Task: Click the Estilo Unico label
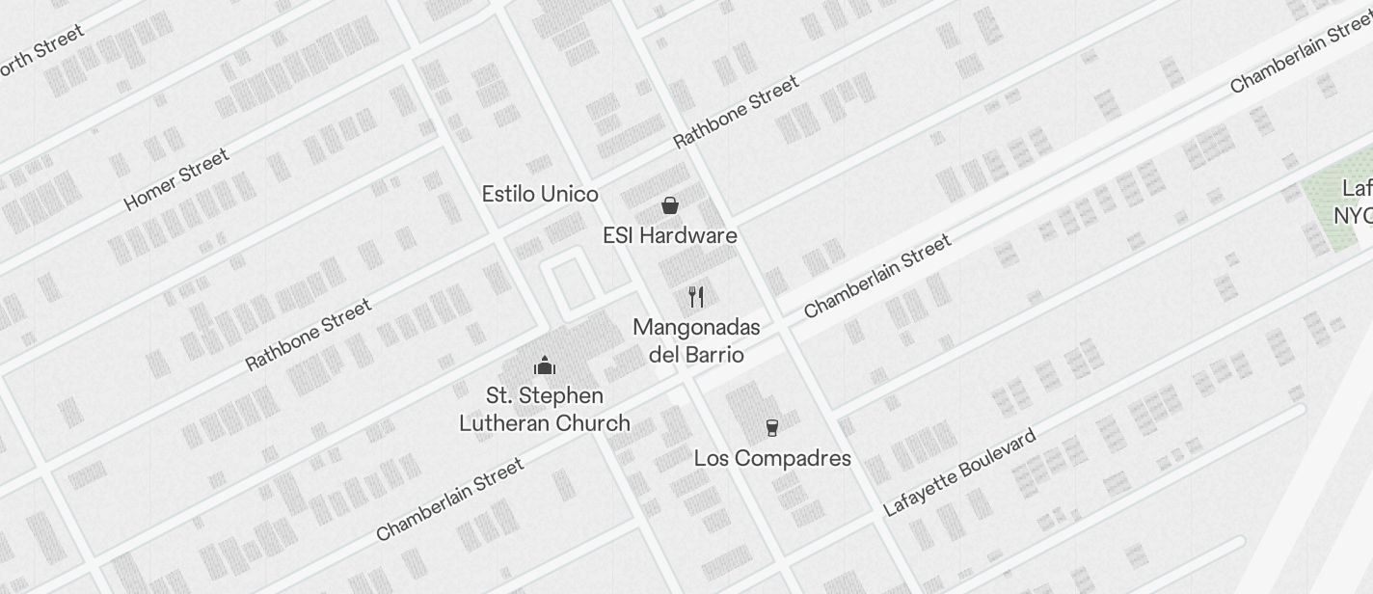540,194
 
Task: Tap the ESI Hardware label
670,235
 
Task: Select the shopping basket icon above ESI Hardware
670,205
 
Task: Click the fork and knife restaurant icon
696,296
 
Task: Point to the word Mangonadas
696,327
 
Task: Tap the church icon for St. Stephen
545,365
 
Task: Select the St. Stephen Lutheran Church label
545,409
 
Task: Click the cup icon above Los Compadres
772,427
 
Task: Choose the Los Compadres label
772,458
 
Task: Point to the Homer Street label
176,179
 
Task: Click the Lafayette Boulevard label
959,472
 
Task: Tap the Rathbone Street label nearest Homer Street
309,335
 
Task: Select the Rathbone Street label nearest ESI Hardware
736,112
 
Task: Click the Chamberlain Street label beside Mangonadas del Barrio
877,276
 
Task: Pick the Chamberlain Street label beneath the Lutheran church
449,499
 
